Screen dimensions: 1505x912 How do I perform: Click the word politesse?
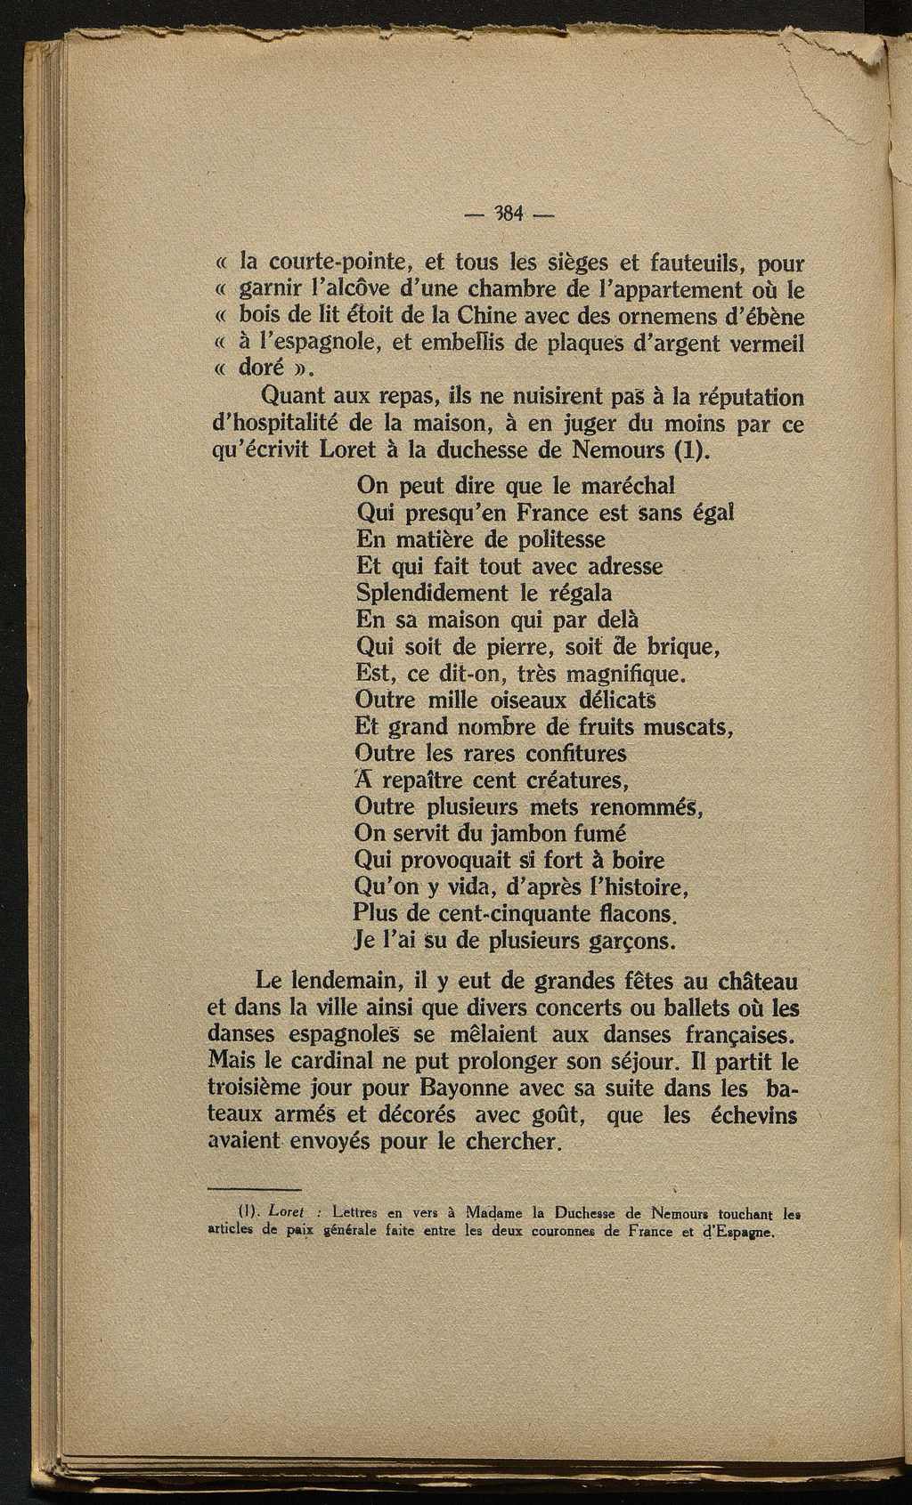[550, 539]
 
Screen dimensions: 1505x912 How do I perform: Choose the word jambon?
[518, 834]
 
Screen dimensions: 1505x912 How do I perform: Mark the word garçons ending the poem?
[631, 941]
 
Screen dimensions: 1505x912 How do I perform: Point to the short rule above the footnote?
[255, 1189]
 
